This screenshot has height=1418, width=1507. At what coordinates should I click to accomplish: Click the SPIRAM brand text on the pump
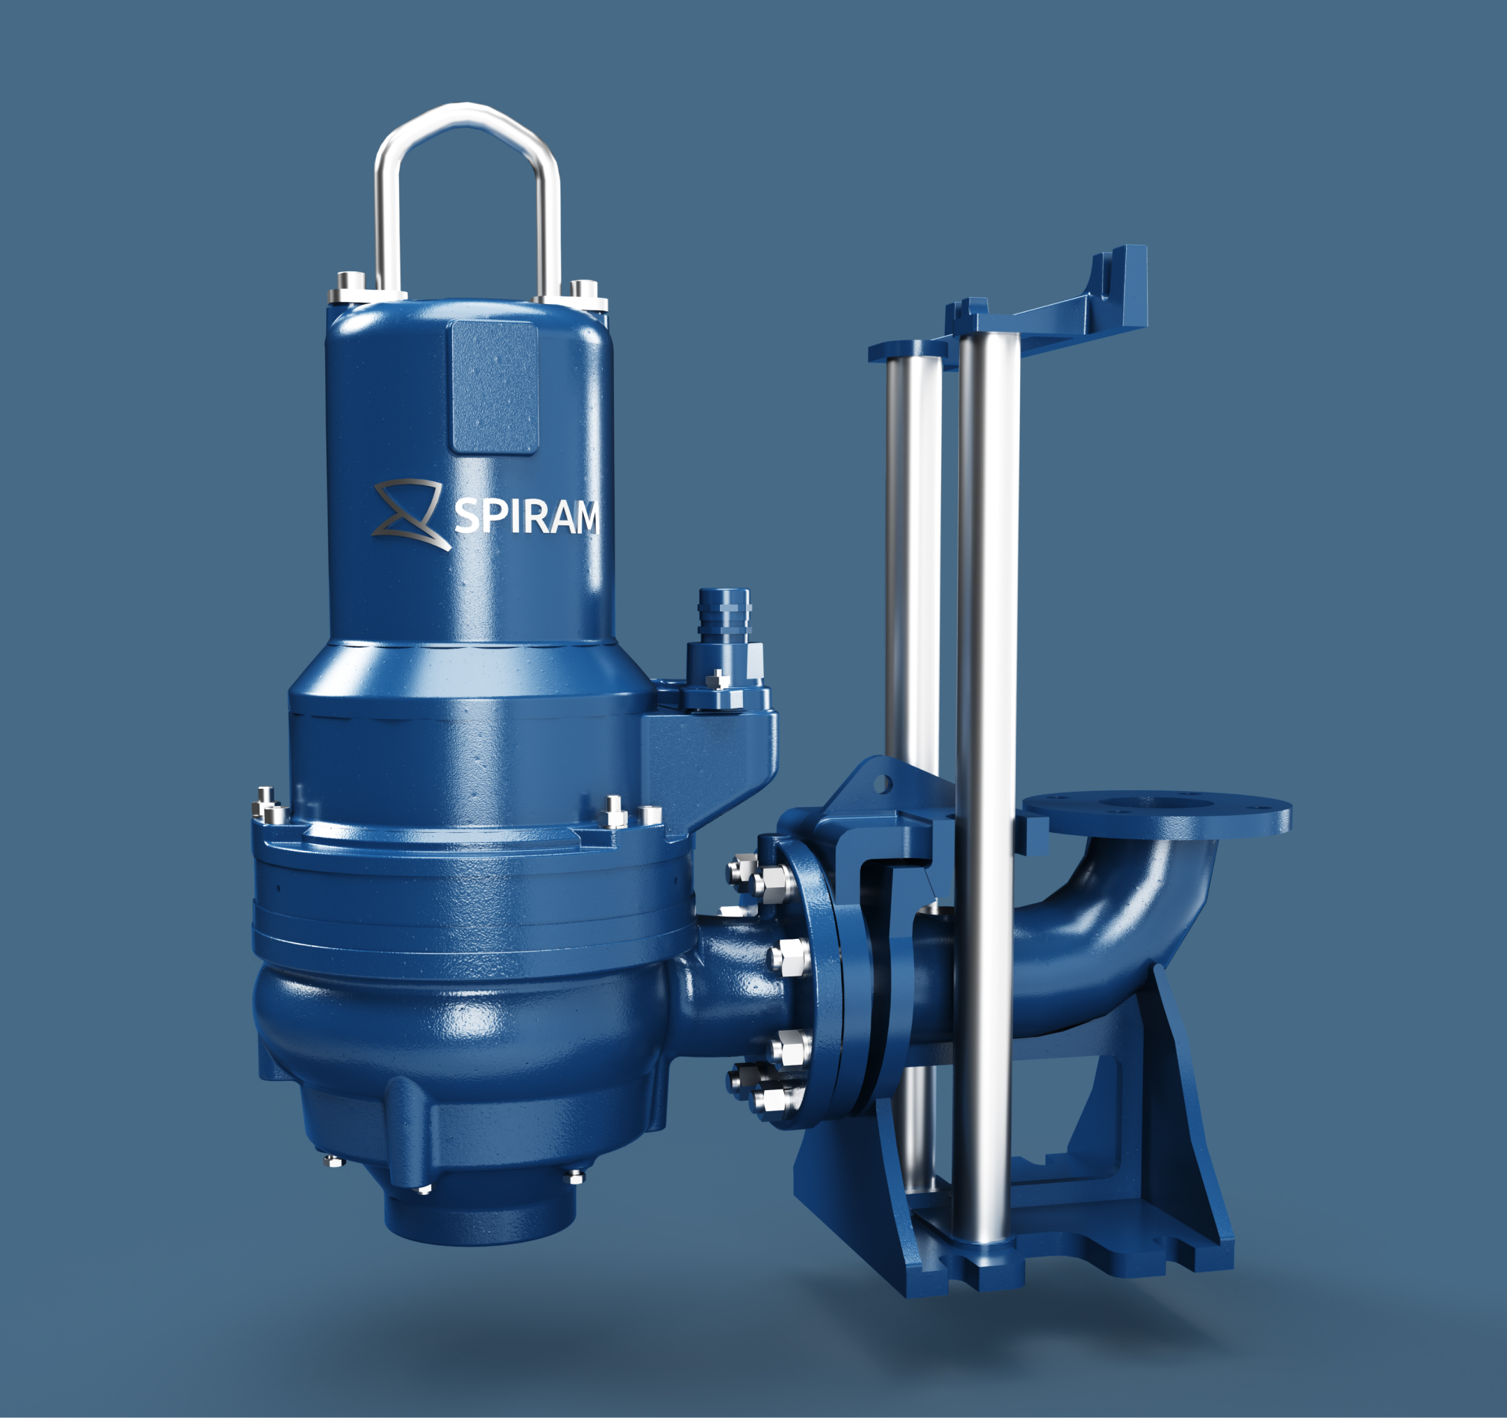tap(525, 516)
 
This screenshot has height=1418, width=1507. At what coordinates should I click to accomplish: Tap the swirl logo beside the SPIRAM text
tap(410, 515)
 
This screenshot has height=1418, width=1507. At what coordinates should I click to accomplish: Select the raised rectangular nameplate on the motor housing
tap(494, 386)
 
